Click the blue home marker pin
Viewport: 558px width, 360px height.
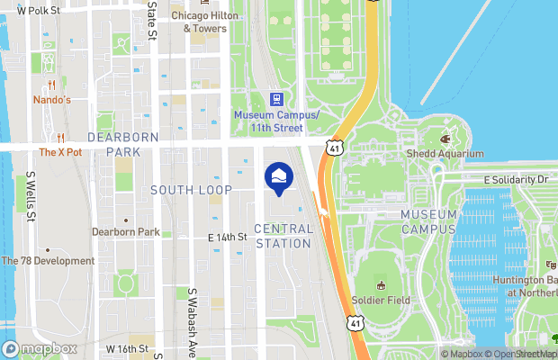tap(277, 177)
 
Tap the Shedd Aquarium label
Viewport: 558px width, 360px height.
tap(445, 153)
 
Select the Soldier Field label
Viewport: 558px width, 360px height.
tap(381, 299)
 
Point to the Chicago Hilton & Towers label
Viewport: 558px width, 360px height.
tap(206, 22)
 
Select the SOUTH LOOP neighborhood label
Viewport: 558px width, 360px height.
tap(191, 190)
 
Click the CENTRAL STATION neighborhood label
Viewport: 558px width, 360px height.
tap(283, 236)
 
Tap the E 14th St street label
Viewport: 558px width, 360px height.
tap(227, 237)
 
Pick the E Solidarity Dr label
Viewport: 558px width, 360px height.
tap(515, 180)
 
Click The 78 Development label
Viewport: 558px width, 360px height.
tap(49, 261)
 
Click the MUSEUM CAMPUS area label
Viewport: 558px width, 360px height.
tap(429, 221)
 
